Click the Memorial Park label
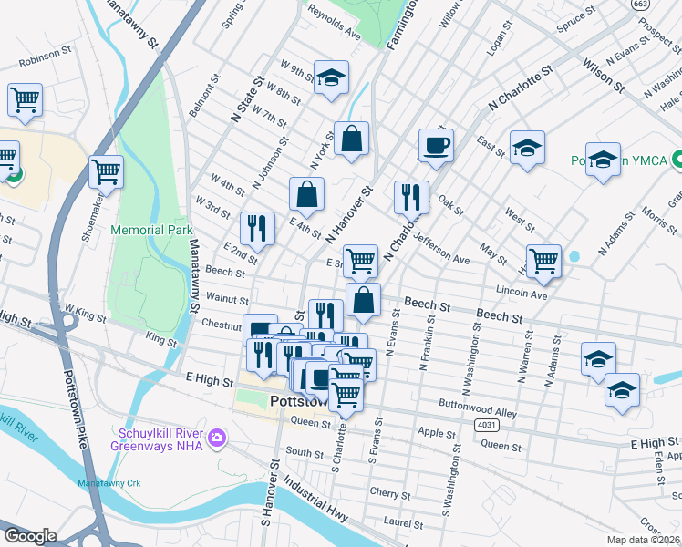coord(151,231)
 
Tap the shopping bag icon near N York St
coord(351,139)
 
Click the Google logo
coord(30,536)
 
